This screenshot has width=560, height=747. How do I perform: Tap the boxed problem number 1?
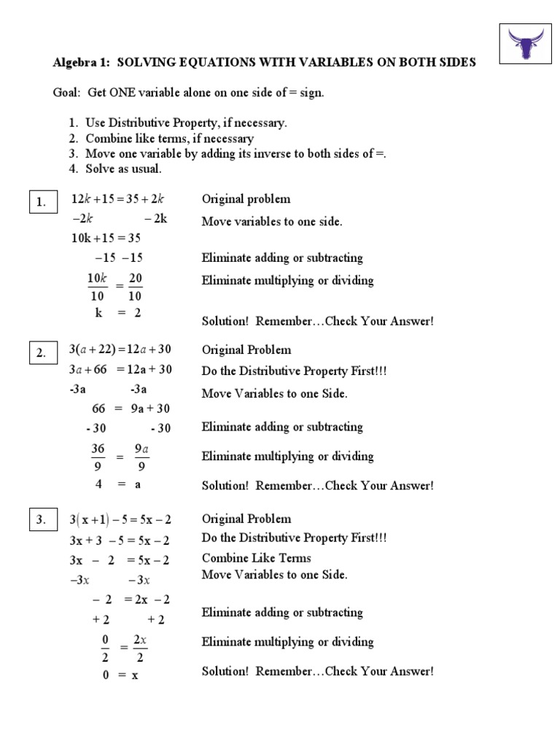point(42,203)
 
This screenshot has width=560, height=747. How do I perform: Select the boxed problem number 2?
point(42,353)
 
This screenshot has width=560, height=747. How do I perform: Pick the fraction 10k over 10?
point(97,287)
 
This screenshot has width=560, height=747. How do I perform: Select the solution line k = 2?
point(117,313)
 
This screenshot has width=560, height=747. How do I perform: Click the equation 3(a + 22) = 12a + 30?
point(121,350)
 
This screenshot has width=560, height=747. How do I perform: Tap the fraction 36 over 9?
point(98,457)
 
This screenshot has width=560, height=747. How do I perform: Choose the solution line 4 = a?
point(117,484)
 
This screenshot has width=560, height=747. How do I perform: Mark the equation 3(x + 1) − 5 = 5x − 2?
point(120,519)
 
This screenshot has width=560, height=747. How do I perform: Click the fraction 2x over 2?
point(140,648)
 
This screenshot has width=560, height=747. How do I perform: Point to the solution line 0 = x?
point(120,676)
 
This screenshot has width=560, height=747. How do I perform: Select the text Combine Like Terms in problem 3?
point(256,558)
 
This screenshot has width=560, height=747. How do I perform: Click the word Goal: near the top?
point(68,92)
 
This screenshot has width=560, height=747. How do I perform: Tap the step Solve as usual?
point(123,169)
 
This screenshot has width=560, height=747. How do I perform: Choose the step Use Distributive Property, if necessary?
point(186,123)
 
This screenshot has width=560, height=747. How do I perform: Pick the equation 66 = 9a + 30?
point(131,409)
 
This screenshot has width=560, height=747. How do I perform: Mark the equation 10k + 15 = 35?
point(106,238)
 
